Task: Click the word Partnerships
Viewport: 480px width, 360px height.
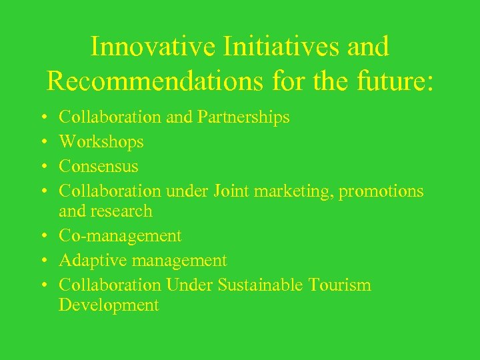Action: [x=243, y=118]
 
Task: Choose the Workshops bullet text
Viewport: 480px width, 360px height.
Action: [x=101, y=142]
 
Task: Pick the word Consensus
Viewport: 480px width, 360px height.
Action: [x=99, y=166]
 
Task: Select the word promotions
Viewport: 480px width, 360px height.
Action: [x=381, y=191]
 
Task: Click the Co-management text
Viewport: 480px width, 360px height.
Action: [x=120, y=236]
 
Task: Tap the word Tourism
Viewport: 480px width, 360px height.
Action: [x=340, y=285]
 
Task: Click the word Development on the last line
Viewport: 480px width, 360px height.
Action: [x=109, y=305]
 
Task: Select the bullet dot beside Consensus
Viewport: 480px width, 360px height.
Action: [x=43, y=167]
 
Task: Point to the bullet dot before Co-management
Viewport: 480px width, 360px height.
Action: [x=43, y=237]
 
